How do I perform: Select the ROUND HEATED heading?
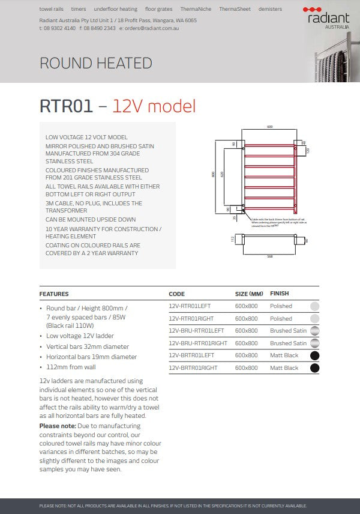coord(95,63)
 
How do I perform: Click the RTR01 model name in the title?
coord(66,106)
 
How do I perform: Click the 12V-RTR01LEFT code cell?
coord(190,306)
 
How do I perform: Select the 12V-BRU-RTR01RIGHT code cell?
coord(198,343)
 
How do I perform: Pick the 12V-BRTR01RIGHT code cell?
coord(193,367)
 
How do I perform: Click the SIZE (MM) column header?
coord(249,294)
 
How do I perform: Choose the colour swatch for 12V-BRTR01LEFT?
coord(314,355)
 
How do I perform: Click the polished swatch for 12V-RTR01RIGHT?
coord(314,319)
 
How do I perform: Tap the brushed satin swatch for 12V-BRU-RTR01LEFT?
coord(314,331)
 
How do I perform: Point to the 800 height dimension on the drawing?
coord(212,175)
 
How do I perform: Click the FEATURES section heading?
coord(54,294)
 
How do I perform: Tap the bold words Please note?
coord(58,426)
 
